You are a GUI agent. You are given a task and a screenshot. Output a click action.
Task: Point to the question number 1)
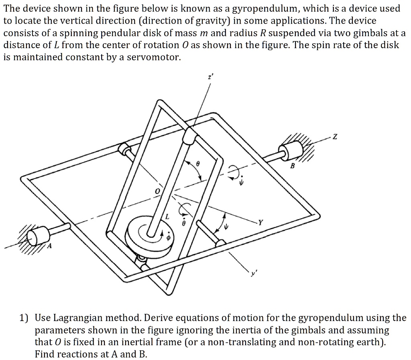pos(24,319)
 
